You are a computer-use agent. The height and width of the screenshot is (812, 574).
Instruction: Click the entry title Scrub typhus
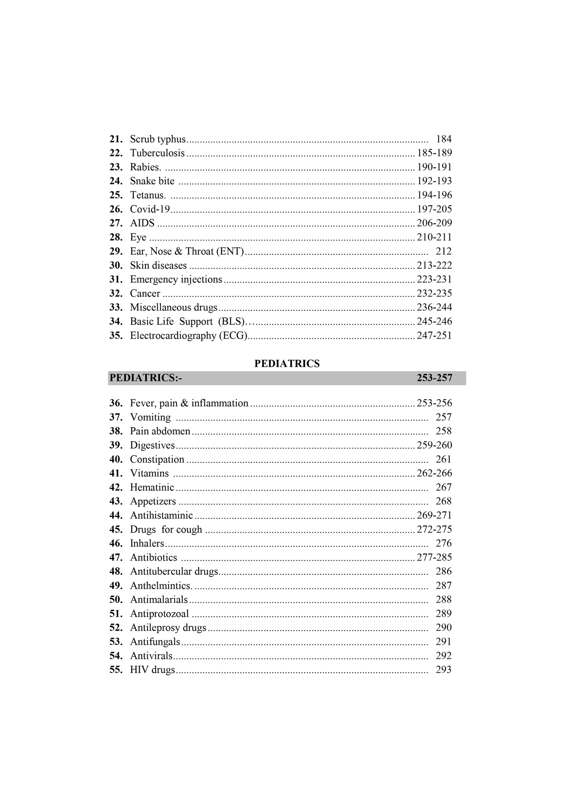click(x=158, y=139)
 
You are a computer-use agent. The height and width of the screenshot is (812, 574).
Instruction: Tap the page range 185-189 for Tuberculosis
click(x=434, y=153)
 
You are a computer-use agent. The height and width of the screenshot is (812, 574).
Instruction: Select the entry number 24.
click(x=116, y=181)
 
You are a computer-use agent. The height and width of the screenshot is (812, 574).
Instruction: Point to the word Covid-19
click(x=150, y=209)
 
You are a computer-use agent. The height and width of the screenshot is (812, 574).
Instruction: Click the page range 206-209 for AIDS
click(x=434, y=223)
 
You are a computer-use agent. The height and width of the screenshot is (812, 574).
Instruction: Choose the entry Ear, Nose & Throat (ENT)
click(x=187, y=251)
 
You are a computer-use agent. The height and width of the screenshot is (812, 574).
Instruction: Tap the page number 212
click(x=444, y=251)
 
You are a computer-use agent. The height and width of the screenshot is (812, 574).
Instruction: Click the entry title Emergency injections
click(x=176, y=279)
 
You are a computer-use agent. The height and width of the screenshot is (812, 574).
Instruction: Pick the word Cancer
click(x=145, y=293)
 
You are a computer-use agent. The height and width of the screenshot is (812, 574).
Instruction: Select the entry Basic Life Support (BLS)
click(x=188, y=321)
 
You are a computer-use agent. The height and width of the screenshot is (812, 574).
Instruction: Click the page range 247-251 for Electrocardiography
click(x=434, y=336)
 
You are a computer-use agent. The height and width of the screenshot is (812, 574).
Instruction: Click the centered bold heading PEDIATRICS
click(x=287, y=364)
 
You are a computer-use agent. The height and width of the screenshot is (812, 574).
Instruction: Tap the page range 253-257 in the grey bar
click(x=434, y=378)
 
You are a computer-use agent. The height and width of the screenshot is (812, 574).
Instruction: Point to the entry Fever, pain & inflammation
click(x=189, y=403)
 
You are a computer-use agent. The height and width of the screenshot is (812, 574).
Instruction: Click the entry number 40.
click(x=116, y=459)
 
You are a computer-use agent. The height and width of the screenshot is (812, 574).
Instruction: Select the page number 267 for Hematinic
click(x=444, y=487)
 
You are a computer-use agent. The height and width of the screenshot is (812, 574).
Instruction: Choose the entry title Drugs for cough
click(x=166, y=530)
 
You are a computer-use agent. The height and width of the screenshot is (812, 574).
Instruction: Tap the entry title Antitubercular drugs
click(x=174, y=571)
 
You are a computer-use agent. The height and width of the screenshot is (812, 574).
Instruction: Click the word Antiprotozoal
click(x=160, y=614)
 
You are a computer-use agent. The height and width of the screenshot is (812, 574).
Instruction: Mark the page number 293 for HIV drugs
click(x=444, y=670)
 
